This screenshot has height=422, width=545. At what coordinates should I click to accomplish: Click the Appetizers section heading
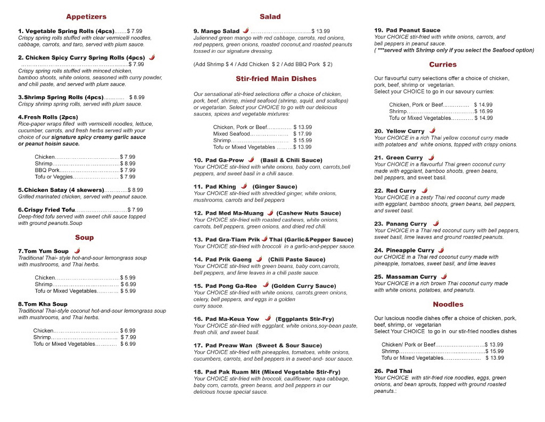click(86, 17)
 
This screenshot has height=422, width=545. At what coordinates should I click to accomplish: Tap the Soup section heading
click(84, 238)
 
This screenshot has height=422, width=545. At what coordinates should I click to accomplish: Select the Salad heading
click(270, 17)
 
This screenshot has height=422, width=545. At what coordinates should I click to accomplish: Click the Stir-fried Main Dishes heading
click(276, 79)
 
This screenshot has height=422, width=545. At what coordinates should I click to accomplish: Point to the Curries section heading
click(443, 64)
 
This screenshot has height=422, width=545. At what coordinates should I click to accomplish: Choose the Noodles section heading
click(448, 305)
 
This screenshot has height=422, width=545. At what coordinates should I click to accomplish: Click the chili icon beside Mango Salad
click(245, 31)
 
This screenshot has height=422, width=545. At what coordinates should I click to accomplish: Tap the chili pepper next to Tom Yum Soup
click(77, 250)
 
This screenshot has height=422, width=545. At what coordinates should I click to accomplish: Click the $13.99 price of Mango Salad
click(320, 31)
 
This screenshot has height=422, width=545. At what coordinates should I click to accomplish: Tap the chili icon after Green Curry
click(431, 157)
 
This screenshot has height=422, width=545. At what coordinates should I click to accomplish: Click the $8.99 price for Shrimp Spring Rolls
click(137, 98)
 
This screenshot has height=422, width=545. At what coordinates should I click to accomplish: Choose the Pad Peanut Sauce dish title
click(407, 30)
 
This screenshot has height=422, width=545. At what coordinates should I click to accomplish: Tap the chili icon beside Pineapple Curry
click(441, 250)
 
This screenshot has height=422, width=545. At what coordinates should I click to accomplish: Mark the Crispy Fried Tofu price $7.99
click(135, 210)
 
